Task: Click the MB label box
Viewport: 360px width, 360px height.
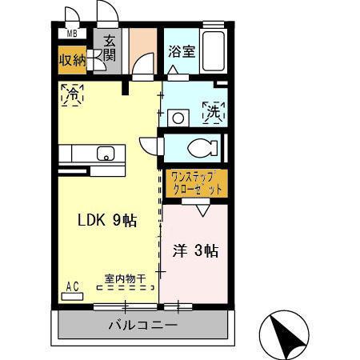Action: point(72,34)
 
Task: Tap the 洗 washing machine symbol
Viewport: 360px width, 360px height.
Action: point(214,112)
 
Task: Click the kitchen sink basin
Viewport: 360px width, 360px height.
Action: point(105,153)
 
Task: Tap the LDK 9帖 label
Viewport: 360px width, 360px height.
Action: point(106,221)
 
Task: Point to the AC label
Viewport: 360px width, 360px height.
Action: point(71,286)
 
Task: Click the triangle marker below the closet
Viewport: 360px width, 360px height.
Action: point(201,210)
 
